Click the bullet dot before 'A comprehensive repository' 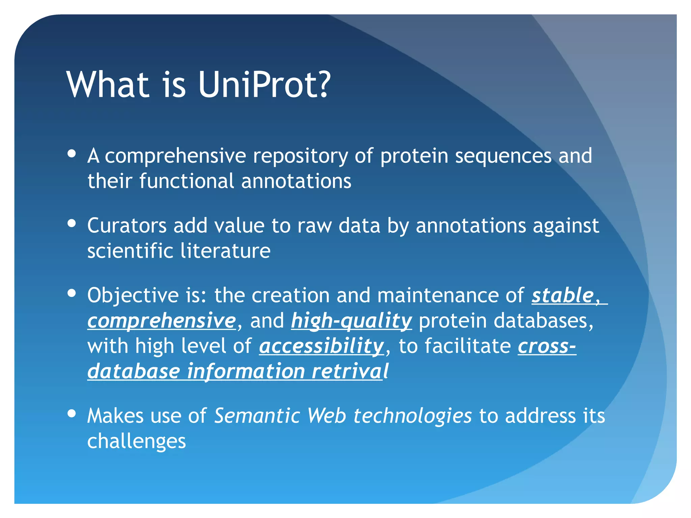tap(72, 154)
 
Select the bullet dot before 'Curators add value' tap(72, 223)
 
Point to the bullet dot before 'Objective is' tap(72, 293)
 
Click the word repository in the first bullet tap(300, 156)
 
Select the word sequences tap(503, 156)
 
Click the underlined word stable tap(563, 295)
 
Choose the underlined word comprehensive tap(162, 321)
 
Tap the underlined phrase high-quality tap(351, 321)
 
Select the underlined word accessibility tap(322, 346)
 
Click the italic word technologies tap(412, 416)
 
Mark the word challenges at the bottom tap(137, 441)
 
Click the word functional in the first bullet tap(187, 181)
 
